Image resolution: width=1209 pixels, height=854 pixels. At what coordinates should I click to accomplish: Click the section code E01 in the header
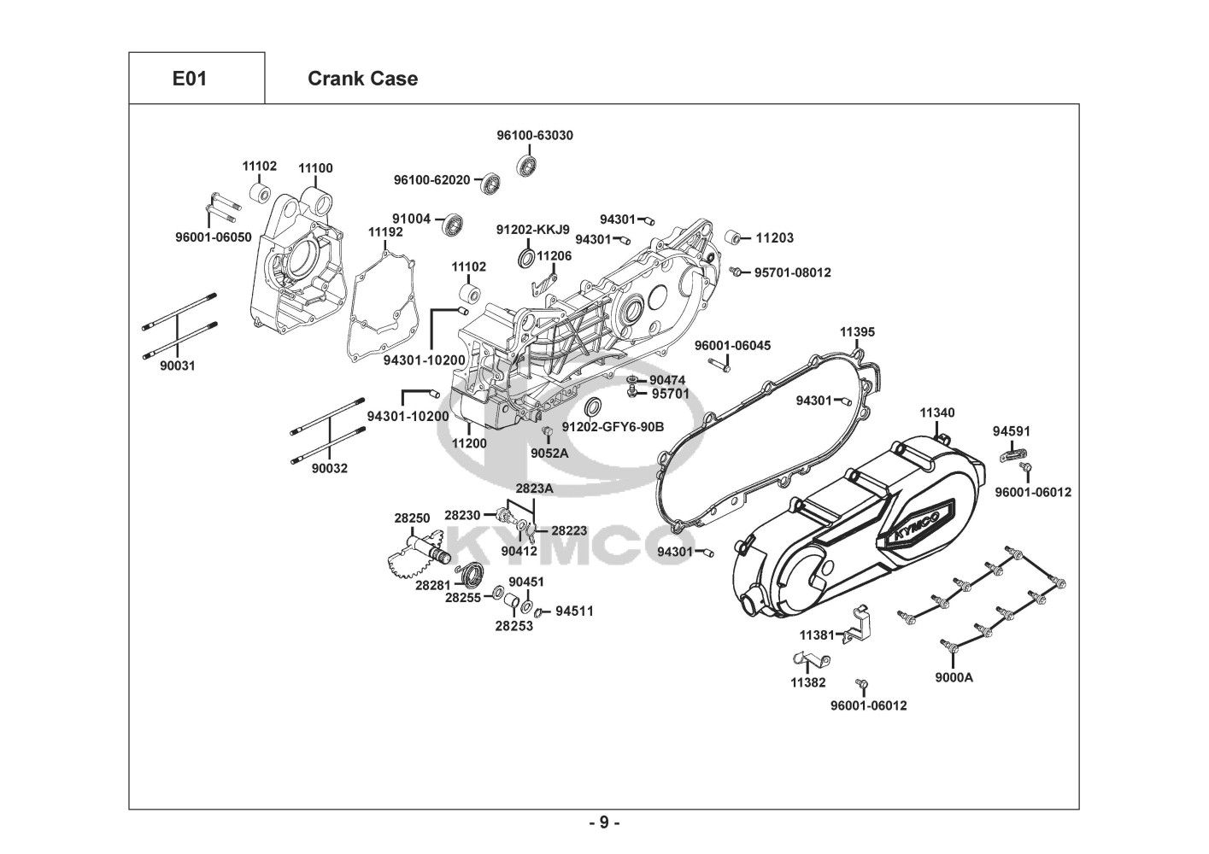click(189, 79)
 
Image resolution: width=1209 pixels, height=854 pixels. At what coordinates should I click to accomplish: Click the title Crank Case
click(362, 79)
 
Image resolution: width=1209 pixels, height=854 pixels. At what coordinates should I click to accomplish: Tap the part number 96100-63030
click(535, 135)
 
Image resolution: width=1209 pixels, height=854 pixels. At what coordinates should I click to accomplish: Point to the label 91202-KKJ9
click(532, 230)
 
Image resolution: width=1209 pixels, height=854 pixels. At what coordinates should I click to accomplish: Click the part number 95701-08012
click(792, 272)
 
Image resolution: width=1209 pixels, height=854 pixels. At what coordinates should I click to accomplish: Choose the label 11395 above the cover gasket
click(857, 331)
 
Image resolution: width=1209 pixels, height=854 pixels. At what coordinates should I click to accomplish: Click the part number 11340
click(937, 412)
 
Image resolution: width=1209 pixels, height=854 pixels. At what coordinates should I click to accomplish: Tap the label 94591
click(1010, 430)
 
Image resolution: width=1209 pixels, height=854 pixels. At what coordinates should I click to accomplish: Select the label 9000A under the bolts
click(954, 678)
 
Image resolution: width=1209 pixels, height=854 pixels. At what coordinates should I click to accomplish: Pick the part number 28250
click(412, 518)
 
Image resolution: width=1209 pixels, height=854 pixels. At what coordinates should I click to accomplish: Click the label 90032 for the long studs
click(329, 469)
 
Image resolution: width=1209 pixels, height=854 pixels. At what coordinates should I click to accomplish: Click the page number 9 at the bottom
click(603, 822)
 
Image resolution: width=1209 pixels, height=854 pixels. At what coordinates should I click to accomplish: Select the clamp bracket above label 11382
click(806, 660)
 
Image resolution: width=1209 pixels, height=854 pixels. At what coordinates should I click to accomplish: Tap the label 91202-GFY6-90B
click(613, 426)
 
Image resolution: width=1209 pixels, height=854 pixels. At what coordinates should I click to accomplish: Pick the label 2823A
click(534, 488)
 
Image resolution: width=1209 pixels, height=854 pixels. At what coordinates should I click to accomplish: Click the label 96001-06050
click(214, 237)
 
